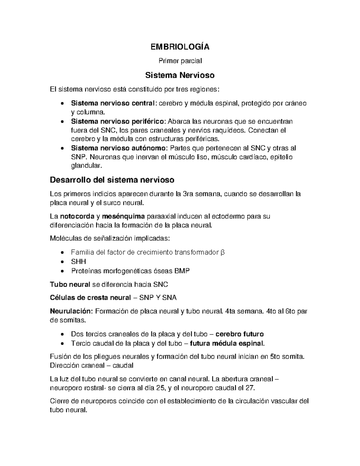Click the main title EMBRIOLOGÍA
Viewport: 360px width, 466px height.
pos(180,47)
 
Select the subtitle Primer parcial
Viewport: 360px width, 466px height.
pos(180,61)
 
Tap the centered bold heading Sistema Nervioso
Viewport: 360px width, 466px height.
pos(180,75)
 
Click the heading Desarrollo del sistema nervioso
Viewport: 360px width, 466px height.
pos(112,180)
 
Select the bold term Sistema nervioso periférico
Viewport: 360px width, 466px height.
pos(118,122)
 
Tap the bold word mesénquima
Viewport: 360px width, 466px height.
pos(123,216)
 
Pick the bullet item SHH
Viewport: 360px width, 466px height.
pos(79,262)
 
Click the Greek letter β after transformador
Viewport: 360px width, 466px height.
pos(223,252)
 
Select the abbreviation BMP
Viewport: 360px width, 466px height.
pos(182,271)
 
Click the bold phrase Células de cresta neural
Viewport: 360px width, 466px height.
pos(90,298)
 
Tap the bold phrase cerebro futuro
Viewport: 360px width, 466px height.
pos(240,334)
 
